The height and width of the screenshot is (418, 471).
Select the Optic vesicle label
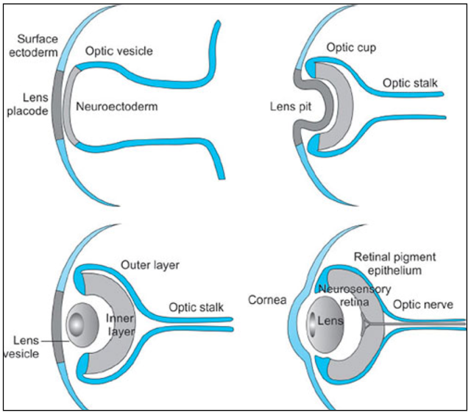(x=118, y=51)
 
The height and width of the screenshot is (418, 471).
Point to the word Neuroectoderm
(x=117, y=106)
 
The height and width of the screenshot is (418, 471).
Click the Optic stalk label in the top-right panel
(x=410, y=83)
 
